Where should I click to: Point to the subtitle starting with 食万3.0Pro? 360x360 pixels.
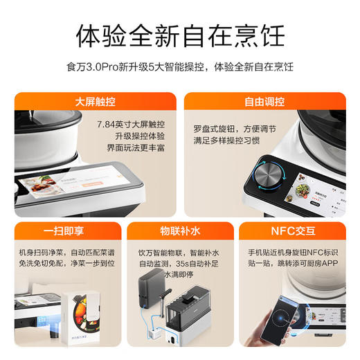coord(179,67)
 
